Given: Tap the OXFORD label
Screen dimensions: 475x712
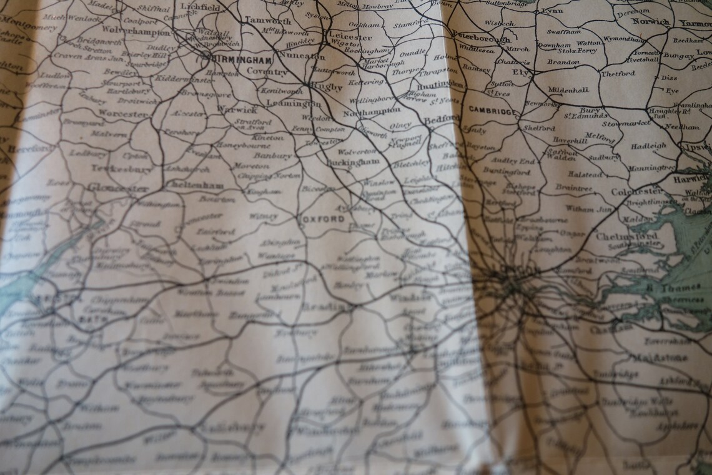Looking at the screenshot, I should (x=323, y=219).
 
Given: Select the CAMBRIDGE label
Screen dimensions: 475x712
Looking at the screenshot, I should (x=493, y=112).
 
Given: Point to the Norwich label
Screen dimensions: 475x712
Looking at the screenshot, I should (x=650, y=21).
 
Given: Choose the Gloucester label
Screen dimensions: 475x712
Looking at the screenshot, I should (x=118, y=187).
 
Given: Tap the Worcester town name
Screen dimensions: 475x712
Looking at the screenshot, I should (x=123, y=114).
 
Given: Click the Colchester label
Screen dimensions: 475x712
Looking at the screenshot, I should (x=637, y=191).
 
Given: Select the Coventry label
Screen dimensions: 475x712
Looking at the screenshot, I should (x=267, y=72).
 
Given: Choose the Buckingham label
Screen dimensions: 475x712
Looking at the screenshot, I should (x=353, y=161).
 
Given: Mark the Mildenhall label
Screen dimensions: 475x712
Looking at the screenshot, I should (x=568, y=90).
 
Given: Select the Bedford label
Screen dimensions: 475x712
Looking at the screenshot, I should (x=442, y=118).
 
